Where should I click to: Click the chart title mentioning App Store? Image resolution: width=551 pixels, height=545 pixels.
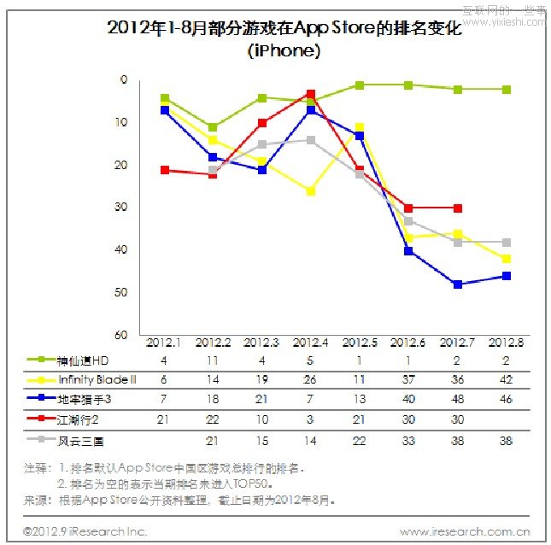pos(284,28)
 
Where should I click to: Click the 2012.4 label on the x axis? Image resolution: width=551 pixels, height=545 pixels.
pos(310,343)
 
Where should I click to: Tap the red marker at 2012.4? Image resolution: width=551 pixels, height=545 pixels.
pos(311,94)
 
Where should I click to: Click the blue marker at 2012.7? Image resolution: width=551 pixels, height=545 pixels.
pos(457,284)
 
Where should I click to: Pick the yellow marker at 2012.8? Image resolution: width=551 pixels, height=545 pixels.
pos(507,259)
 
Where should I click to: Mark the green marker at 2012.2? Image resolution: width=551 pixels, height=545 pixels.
pos(213,127)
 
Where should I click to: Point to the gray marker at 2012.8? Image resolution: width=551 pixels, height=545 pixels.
pos(507,243)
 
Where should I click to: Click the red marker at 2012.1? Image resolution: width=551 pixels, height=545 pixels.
pos(164,170)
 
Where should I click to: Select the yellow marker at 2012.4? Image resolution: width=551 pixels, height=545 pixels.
pos(311,191)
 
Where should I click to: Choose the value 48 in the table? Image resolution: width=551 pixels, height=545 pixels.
pos(457,399)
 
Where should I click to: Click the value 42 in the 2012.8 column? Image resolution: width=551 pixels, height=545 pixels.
pos(507,378)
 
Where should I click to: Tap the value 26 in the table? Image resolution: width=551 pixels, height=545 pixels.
pos(311,378)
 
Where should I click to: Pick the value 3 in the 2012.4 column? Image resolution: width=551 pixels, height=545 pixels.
pos(311,419)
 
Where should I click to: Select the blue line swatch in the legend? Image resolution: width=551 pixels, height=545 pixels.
pos(37,399)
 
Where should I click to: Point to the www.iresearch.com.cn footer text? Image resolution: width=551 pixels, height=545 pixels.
pos(464,532)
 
